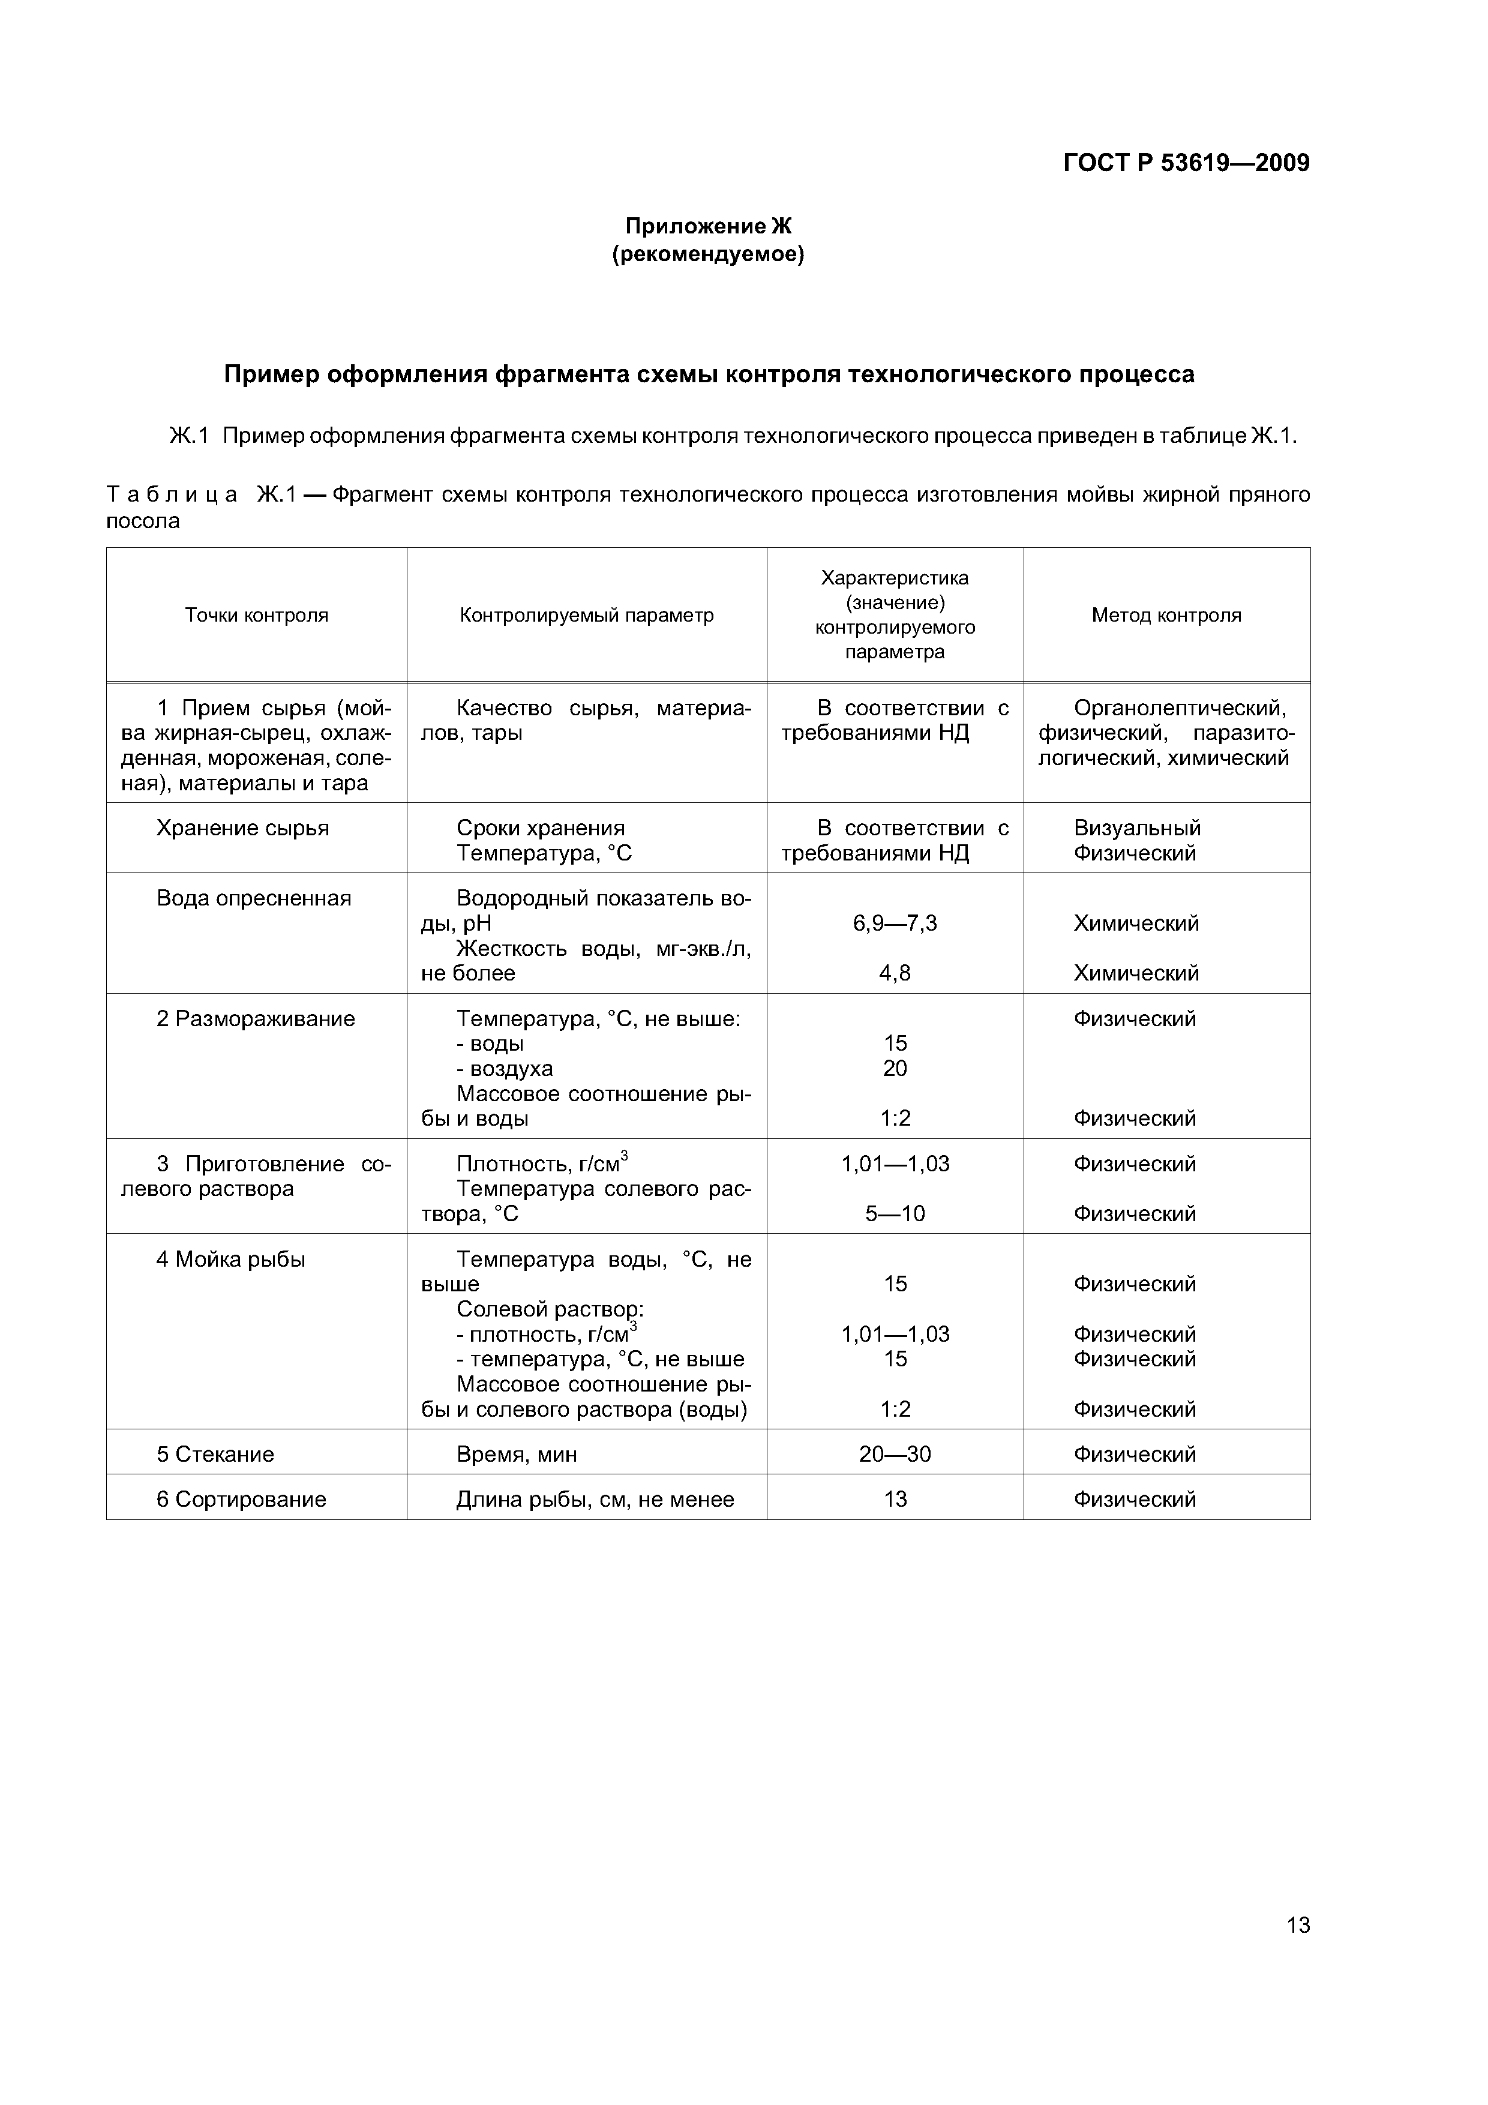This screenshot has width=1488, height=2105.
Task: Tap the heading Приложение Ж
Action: point(708,226)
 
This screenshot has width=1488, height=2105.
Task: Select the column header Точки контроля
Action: point(257,615)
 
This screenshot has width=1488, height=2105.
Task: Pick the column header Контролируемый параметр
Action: point(587,615)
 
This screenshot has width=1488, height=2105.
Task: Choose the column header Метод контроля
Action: point(1166,615)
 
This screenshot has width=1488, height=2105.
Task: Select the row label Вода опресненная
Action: point(254,898)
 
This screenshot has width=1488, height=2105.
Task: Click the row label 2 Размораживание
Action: point(255,1018)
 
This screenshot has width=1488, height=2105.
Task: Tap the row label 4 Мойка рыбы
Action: point(230,1259)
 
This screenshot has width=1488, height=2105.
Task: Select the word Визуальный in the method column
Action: point(1137,828)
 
